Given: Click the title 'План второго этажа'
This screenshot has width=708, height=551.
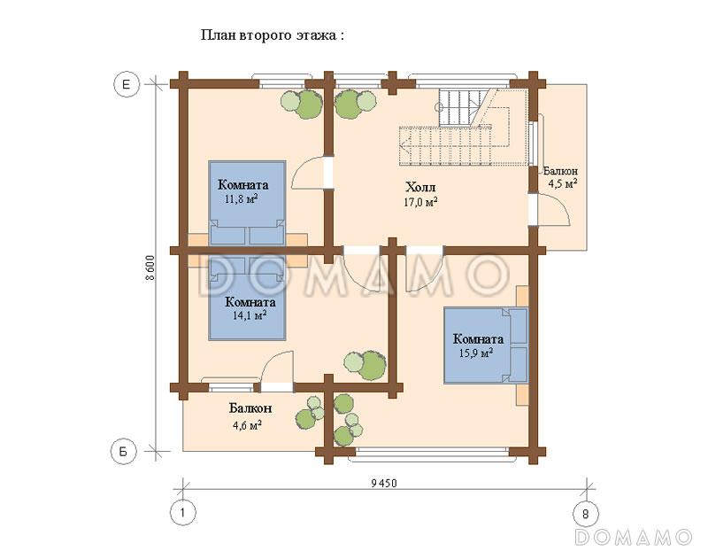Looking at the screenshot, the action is pos(269,35).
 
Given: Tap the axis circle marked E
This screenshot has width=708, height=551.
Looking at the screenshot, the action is pos(127,84).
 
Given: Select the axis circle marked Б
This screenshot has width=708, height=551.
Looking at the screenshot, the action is pos(124,452).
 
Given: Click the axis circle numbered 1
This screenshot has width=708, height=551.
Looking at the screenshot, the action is pos(183,514).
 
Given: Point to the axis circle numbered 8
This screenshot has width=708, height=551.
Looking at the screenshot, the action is pos(586,514).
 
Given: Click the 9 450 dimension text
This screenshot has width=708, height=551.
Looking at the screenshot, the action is pos(384,484).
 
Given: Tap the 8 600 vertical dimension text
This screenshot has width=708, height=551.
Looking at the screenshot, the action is pos(150,268).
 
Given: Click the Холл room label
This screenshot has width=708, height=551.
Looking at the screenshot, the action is pos(421,187).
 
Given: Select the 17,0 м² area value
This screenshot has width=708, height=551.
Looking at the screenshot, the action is pos(420,202).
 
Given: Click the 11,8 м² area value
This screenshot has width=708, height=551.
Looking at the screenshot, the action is pos(241,199).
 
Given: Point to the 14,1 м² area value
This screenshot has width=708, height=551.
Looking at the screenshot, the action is pos(250,314).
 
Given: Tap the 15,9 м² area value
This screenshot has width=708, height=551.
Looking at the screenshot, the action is pos(476,353).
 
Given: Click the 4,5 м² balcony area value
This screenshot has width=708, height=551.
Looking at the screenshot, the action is pos(562,183).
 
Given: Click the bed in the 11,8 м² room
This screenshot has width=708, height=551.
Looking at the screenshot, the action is pos(247,204).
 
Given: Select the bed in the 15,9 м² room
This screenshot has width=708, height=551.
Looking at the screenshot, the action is pos(486,345).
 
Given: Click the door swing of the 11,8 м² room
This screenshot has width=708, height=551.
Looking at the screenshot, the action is pos(308,172).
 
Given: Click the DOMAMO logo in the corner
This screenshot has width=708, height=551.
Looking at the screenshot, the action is pos(634,537).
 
